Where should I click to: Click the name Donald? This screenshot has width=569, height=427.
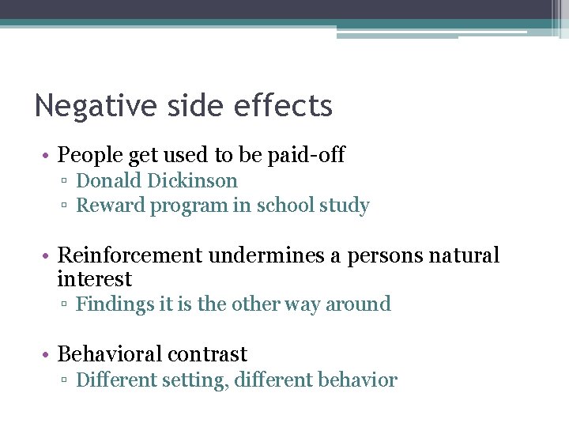(x=107, y=181)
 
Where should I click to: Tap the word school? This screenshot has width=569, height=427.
(x=284, y=206)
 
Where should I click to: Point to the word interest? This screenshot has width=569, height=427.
(x=95, y=279)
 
